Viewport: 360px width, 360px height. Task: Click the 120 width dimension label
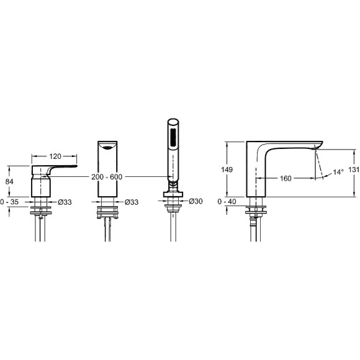click(x=55, y=156)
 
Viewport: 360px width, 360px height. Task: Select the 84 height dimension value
click(x=9, y=182)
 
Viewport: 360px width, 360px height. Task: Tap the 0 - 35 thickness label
click(x=9, y=202)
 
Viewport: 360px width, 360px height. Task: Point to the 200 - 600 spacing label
click(x=107, y=177)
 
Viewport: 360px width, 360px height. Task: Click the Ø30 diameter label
click(x=196, y=201)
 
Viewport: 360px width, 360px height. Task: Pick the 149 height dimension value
click(x=227, y=169)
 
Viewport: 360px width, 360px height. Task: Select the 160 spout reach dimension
click(x=286, y=178)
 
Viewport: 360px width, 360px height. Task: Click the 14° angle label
click(x=338, y=172)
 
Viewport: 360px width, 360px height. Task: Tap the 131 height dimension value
click(x=354, y=169)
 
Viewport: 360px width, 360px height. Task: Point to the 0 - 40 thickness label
click(x=227, y=202)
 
